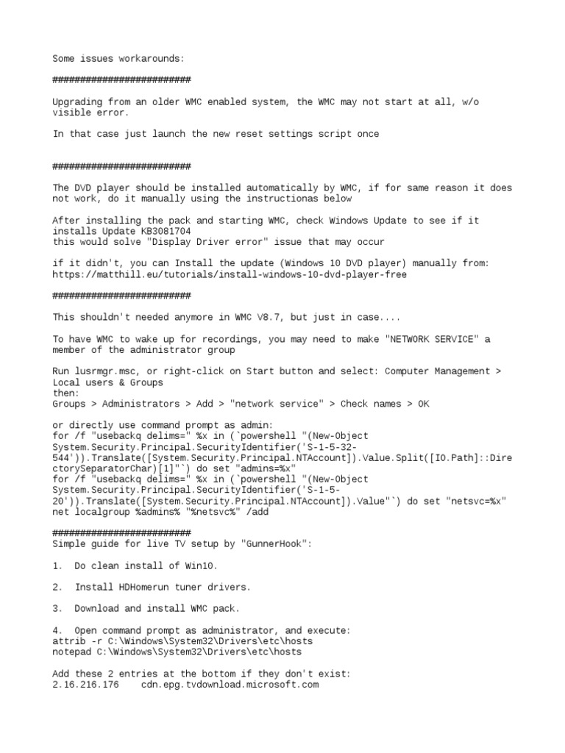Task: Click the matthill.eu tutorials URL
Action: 230,274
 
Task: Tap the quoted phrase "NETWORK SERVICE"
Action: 427,339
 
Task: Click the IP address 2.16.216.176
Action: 85,685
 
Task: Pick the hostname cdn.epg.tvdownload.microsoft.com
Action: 230,685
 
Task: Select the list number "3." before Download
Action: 58,609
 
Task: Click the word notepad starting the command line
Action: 72,652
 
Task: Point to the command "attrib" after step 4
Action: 69,641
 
